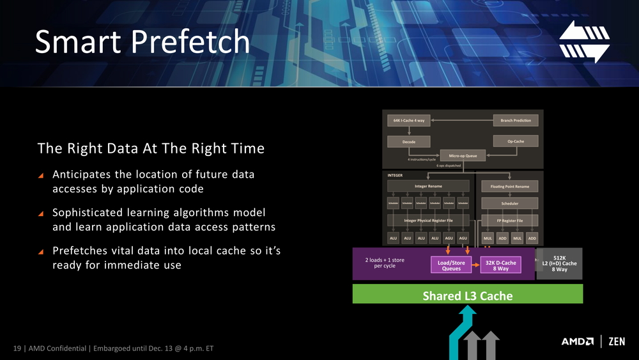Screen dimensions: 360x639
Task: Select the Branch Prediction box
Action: [516, 120]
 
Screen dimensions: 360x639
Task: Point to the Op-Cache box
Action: [516, 141]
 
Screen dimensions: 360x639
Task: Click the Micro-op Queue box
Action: [463, 155]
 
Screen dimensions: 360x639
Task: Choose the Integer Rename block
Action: [427, 187]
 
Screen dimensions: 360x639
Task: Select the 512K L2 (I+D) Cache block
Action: [559, 263]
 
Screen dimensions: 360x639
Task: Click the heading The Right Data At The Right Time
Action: [151, 149]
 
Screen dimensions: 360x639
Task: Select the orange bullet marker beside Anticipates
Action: [42, 175]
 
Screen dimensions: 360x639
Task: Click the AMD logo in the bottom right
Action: [578, 341]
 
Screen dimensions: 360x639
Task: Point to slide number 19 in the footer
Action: [17, 348]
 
